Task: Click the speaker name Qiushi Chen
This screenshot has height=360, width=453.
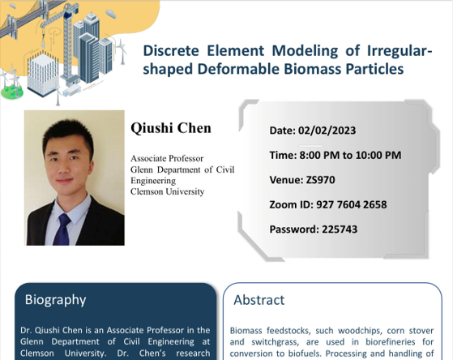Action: click(x=171, y=128)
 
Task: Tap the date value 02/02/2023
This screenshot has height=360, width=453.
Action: click(x=327, y=131)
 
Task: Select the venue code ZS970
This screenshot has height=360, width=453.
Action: click(x=320, y=180)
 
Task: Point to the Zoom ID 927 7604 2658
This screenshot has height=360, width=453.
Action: click(x=352, y=204)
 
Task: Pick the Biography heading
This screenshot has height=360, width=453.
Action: click(x=55, y=300)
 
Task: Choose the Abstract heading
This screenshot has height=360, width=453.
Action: click(x=259, y=300)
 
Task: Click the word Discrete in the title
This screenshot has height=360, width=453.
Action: click(x=171, y=50)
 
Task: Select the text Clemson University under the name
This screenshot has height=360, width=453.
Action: click(x=167, y=191)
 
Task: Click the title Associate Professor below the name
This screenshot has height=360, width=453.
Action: click(x=167, y=158)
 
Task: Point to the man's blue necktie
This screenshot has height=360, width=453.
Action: click(x=62, y=230)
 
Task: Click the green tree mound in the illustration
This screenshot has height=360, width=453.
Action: click(x=11, y=92)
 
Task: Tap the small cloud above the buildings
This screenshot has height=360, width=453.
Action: click(x=111, y=13)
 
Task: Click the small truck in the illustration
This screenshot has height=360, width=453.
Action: click(x=71, y=90)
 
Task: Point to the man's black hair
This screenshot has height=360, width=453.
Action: click(x=68, y=136)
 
